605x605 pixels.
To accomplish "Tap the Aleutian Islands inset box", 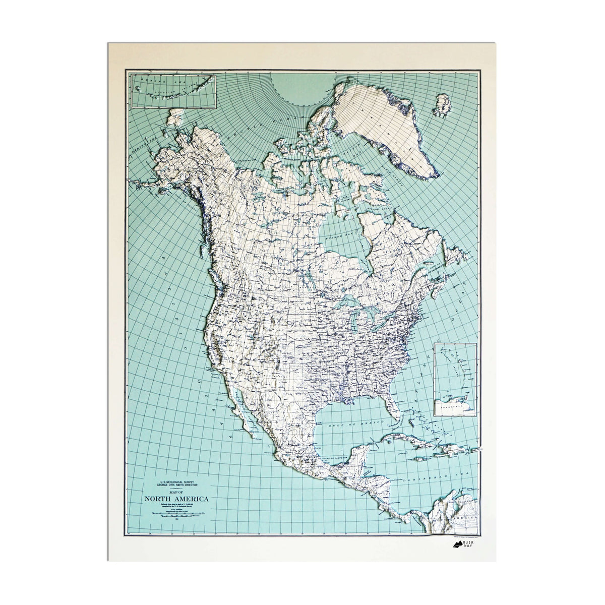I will click(x=173, y=91).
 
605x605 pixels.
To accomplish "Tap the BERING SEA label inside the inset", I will click(x=151, y=81).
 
